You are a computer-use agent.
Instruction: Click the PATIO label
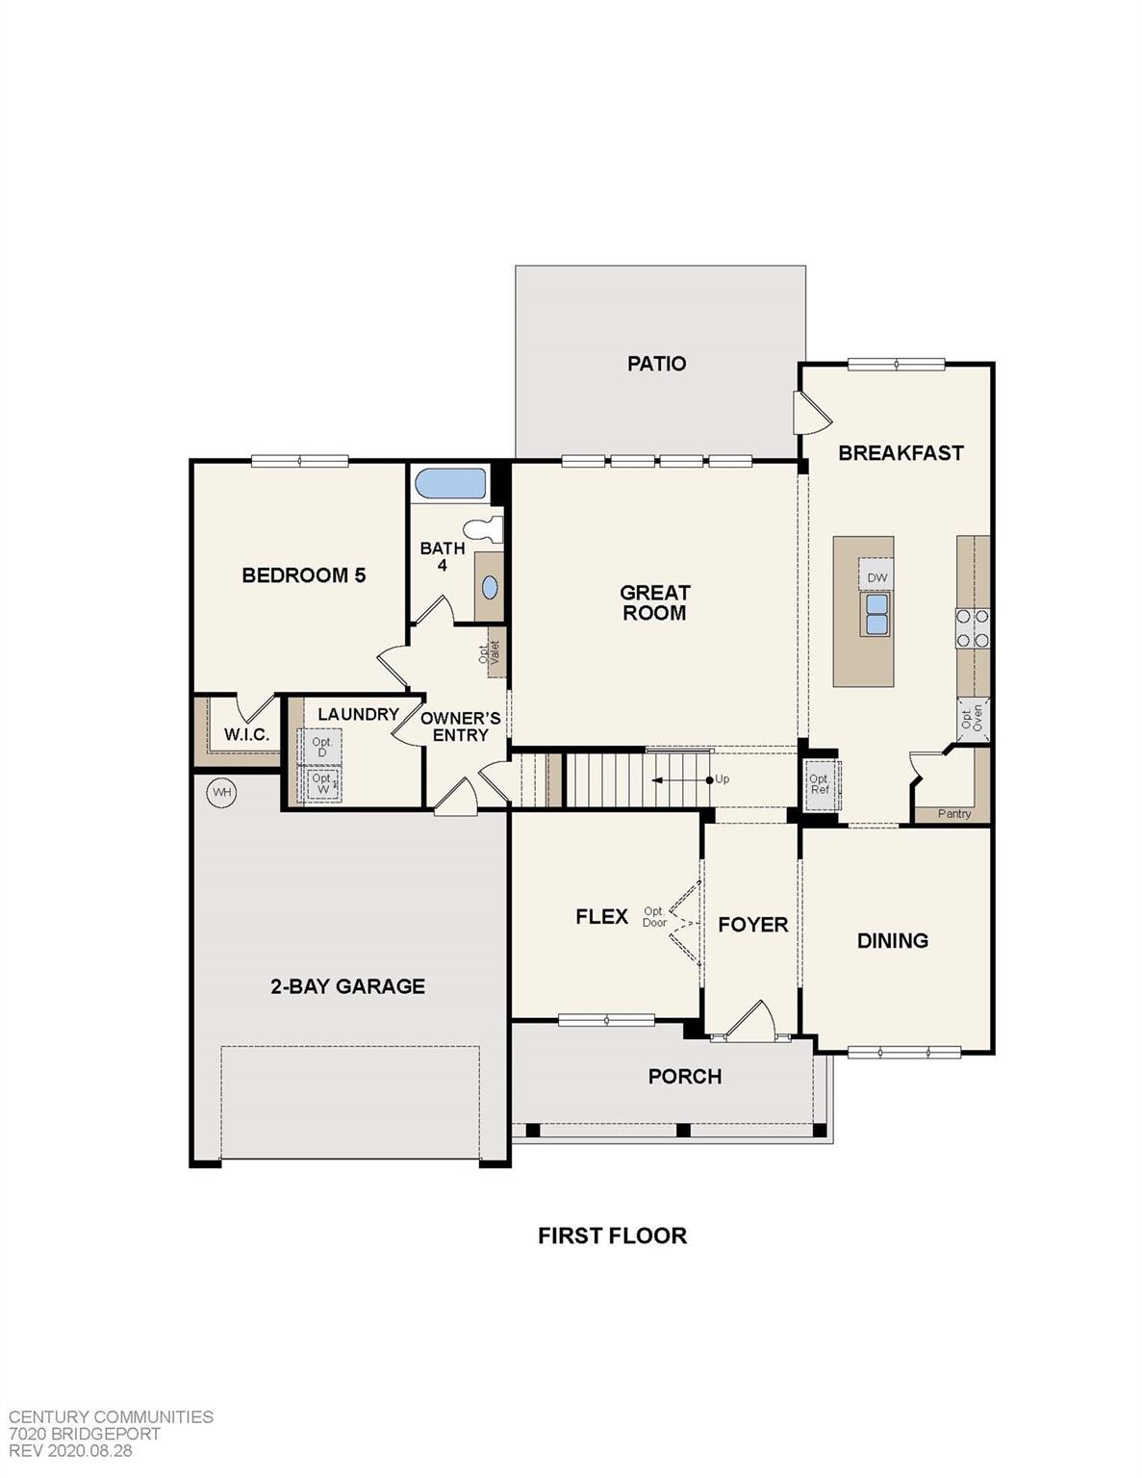(x=656, y=364)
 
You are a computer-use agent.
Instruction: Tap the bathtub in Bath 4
(x=450, y=483)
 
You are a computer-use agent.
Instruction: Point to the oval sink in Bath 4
(x=490, y=587)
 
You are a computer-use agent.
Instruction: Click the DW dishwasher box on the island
(x=876, y=577)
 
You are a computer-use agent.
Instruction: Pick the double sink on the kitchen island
(x=876, y=614)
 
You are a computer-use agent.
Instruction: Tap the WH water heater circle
(x=222, y=792)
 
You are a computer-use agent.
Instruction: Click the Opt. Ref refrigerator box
(x=820, y=784)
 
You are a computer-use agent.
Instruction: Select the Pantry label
(x=954, y=814)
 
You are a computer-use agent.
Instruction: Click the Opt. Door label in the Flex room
(x=654, y=917)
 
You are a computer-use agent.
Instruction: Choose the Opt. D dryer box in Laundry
(x=321, y=747)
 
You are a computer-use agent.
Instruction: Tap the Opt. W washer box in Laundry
(x=321, y=783)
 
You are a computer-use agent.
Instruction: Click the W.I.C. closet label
(x=246, y=735)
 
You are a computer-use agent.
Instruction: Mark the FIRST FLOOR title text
(x=612, y=1236)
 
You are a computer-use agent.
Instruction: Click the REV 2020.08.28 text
(x=71, y=1450)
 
